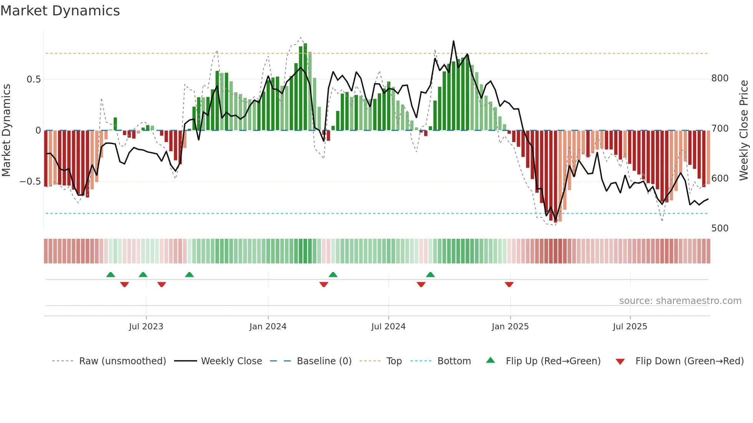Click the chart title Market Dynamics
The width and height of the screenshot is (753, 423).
click(60, 11)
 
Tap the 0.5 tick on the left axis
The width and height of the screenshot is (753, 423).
click(33, 79)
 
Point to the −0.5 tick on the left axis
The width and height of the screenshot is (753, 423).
click(30, 182)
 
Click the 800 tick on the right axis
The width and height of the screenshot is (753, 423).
click(720, 78)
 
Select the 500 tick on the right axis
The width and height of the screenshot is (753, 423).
click(720, 228)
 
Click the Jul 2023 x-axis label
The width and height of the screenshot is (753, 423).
click(146, 327)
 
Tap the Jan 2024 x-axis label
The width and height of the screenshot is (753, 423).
click(268, 327)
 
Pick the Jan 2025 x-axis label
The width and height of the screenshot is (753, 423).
click(510, 327)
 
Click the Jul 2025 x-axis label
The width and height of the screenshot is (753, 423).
click(630, 327)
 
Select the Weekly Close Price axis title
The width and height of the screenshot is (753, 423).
click(744, 130)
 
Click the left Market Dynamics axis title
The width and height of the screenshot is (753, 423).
click(6, 130)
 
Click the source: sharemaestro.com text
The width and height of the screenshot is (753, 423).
click(680, 301)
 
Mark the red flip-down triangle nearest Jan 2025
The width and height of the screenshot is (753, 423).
click(509, 284)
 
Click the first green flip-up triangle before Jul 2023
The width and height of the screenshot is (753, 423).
click(111, 274)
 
